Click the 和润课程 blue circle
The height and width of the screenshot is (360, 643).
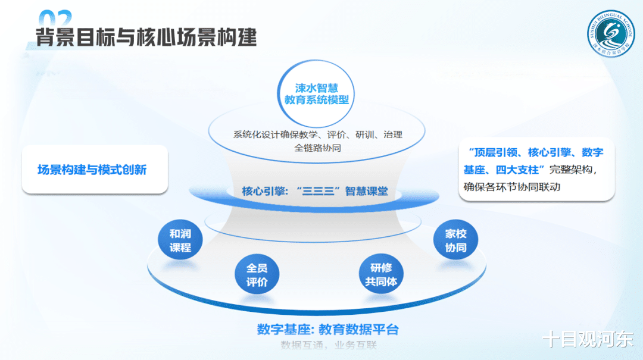[180, 241]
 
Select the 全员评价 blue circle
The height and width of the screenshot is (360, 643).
[257, 275]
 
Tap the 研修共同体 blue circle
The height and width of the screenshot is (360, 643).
[380, 275]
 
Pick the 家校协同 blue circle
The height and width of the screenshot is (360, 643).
[455, 241]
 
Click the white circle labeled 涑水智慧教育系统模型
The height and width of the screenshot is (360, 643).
[316, 93]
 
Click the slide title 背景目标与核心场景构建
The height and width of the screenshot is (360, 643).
[146, 37]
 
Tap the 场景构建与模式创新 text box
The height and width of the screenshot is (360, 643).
[92, 170]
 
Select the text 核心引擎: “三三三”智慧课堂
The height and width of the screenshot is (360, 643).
[315, 192]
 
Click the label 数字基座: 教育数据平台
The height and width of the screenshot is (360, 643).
[327, 330]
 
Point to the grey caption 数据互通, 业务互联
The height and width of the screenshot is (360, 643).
[329, 346]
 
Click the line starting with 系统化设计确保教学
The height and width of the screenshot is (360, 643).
[317, 134]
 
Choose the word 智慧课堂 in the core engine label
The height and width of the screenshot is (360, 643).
[367, 192]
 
